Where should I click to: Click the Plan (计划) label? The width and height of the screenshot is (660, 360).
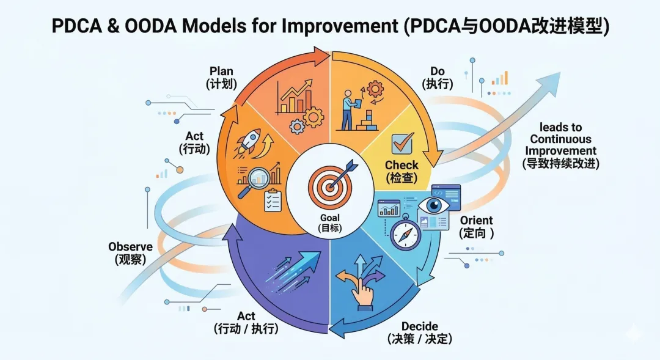pyautogui.click(x=221, y=78)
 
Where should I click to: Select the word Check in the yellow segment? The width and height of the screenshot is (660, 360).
pyautogui.click(x=402, y=165)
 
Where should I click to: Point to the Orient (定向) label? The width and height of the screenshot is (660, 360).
pyautogui.click(x=476, y=226)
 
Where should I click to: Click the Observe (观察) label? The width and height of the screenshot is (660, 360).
pyautogui.click(x=130, y=252)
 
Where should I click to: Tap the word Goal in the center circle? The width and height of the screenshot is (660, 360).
pyautogui.click(x=329, y=218)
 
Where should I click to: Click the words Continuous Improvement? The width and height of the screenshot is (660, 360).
pyautogui.click(x=560, y=145)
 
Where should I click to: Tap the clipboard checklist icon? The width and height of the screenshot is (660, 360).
pyautogui.click(x=273, y=200)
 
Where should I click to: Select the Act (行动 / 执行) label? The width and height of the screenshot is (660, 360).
pyautogui.click(x=246, y=322)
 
